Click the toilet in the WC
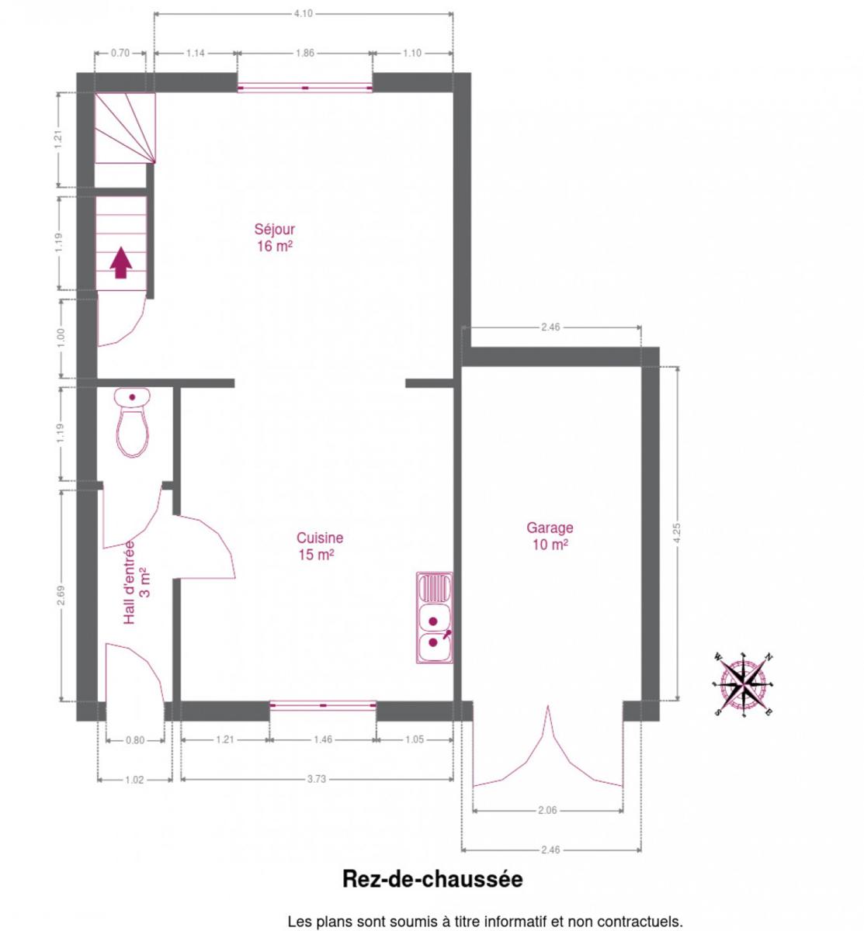(132, 422)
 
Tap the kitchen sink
(435, 618)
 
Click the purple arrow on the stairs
(121, 262)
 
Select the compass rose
(743, 685)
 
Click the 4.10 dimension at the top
(303, 14)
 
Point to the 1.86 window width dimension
(305, 53)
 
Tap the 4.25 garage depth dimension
(676, 533)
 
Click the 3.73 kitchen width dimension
(317, 779)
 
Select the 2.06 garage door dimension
(547, 810)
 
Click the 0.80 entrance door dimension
(135, 740)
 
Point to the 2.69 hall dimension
(61, 595)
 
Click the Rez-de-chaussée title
(432, 879)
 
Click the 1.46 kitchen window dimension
(323, 739)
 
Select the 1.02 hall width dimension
(134, 780)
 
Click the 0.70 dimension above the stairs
(120, 53)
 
